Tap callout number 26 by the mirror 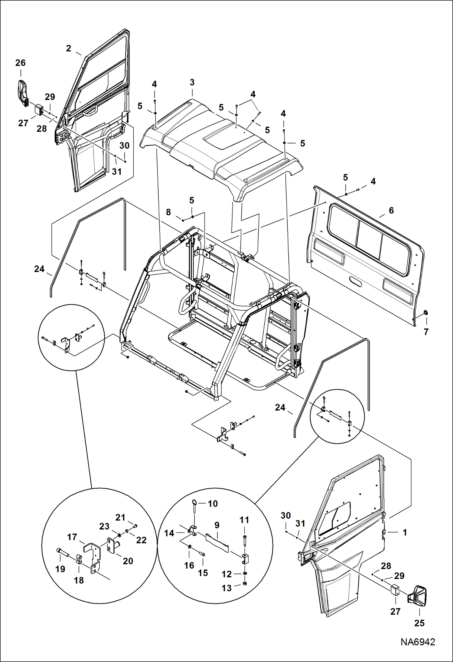[21, 63]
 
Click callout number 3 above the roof [192, 82]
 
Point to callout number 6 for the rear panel [391, 210]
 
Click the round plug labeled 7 [426, 312]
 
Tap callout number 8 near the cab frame [168, 212]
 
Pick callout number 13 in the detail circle [226, 588]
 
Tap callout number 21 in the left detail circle [120, 517]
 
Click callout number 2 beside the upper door [69, 48]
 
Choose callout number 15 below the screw [203, 573]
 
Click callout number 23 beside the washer [104, 526]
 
